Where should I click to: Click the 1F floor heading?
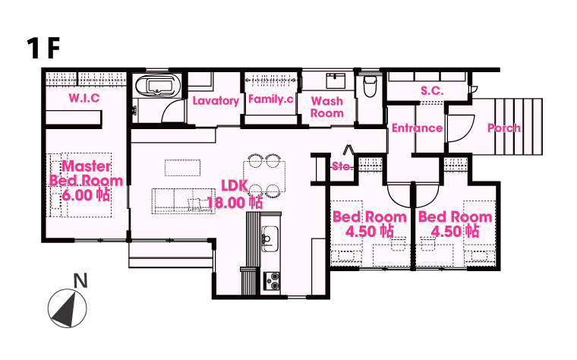click(x=43, y=48)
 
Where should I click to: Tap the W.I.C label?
click(x=84, y=98)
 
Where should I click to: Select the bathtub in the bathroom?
click(x=158, y=87)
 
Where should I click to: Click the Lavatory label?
click(x=216, y=100)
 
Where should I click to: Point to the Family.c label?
click(x=271, y=99)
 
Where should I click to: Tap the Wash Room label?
click(x=326, y=107)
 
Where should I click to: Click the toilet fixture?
click(x=370, y=86)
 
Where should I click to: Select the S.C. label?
click(x=432, y=90)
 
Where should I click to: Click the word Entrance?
click(x=417, y=128)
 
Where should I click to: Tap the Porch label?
click(x=504, y=128)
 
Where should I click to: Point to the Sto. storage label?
click(x=342, y=166)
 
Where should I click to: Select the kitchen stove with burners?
click(x=272, y=281)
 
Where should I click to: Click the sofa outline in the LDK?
click(x=184, y=201)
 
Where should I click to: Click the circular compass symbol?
click(x=68, y=308)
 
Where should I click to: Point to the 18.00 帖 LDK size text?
click(x=235, y=203)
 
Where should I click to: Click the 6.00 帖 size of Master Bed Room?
click(x=86, y=195)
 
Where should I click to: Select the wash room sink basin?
click(x=336, y=81)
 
